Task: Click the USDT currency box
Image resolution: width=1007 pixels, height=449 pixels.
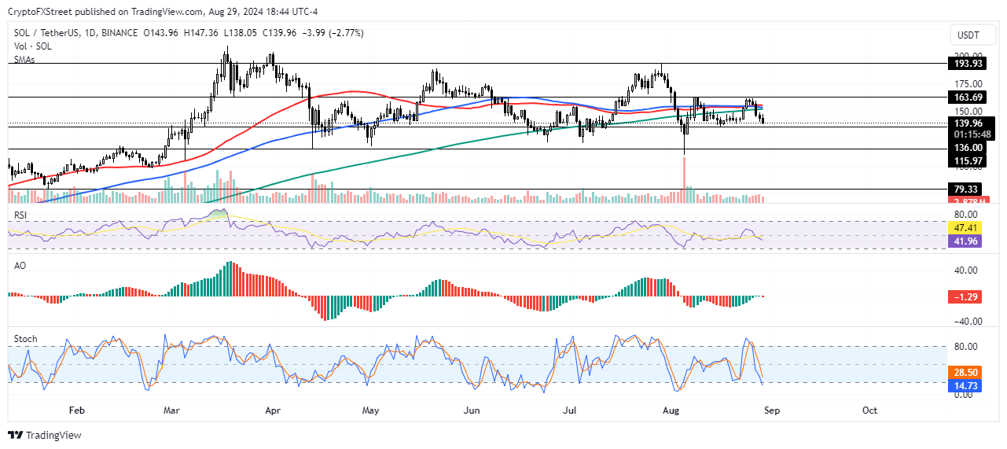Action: (x=968, y=35)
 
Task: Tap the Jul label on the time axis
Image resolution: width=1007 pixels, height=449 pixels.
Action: (x=571, y=410)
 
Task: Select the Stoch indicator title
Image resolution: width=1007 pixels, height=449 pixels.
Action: (x=26, y=339)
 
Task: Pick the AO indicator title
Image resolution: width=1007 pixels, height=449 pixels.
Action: (x=21, y=267)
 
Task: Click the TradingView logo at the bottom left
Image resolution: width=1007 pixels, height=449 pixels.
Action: (x=45, y=435)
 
